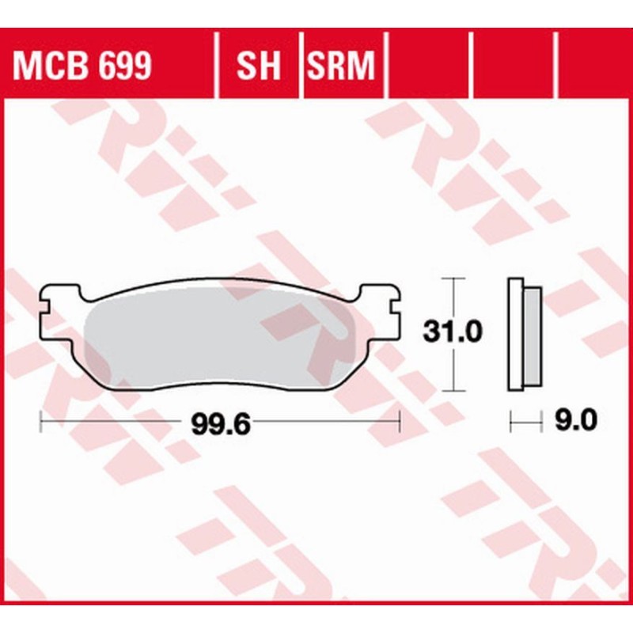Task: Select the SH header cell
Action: click(259, 67)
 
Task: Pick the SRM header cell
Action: click(339, 67)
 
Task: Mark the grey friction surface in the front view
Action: click(222, 340)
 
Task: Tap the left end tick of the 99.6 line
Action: click(40, 423)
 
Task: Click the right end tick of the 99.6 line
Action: click(400, 423)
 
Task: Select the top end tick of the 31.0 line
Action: click(452, 279)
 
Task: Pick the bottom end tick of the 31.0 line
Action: click(452, 390)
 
